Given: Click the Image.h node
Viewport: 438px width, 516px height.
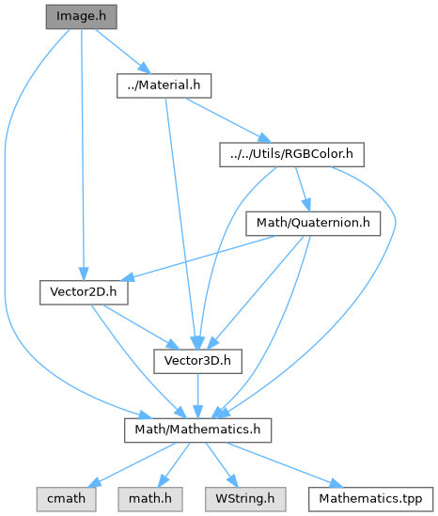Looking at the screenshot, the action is coord(81,17).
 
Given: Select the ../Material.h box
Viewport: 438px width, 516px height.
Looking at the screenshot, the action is coord(164,86).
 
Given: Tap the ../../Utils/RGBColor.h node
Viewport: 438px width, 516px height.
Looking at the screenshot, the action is coord(292,155).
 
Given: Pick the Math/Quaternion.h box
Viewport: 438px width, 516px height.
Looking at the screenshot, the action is coord(313,224).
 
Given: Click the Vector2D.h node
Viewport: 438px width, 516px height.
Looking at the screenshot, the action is coord(84,292).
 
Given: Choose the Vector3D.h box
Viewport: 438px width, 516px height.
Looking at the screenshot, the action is coord(197,361).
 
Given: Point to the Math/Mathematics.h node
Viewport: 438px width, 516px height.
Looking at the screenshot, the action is coord(197,430).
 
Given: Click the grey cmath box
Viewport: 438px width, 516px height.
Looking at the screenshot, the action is coord(66,499).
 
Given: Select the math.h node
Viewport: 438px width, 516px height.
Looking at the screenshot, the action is coord(150,499).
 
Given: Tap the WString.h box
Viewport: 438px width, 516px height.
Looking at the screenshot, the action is coord(245,499).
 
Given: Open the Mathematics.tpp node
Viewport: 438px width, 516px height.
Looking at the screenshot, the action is coord(370,499).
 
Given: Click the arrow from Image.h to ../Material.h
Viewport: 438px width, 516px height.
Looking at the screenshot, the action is coord(123,52).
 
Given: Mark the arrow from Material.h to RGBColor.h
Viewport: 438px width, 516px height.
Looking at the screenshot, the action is coord(228,120).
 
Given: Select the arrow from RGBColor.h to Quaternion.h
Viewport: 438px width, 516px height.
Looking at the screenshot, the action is coord(303,189).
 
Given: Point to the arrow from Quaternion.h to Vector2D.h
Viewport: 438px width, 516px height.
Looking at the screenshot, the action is coord(198,258).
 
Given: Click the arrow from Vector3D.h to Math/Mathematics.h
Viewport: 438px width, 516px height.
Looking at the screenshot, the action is coord(197,396).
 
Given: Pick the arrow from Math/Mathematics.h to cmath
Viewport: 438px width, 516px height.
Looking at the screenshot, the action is coord(133,465).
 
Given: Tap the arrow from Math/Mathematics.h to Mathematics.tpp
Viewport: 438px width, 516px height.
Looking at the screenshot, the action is coord(284,465).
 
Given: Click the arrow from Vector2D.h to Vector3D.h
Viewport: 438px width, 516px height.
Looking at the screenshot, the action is coord(141,327).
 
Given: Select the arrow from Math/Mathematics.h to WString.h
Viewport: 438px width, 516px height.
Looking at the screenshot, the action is coord(221,465).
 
